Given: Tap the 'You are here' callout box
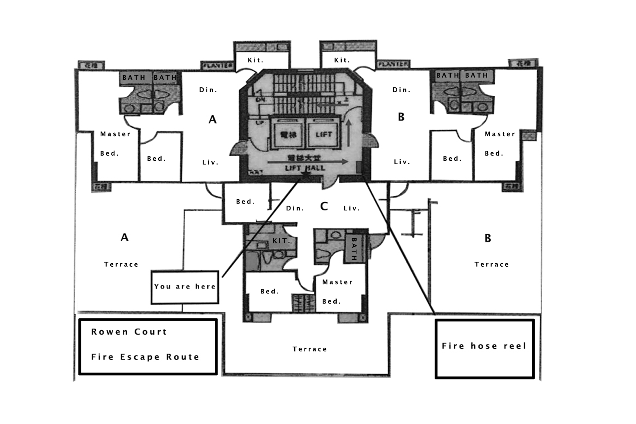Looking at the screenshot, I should point(185,287).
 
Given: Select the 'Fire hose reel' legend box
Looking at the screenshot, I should point(484,349).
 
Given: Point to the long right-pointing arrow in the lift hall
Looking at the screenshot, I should point(307,162).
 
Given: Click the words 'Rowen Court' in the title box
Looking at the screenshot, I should point(129,332).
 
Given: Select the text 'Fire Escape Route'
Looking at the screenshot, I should point(145,357).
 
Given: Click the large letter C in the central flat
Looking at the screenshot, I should point(324,206).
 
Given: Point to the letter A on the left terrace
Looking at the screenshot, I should point(124,237).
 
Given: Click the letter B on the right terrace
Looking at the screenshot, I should point(488,238).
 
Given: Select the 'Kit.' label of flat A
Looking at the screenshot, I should point(255,60).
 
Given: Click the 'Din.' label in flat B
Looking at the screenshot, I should point(401,90).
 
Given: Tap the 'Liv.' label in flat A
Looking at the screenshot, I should point(210,162).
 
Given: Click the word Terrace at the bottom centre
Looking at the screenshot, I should point(310,349).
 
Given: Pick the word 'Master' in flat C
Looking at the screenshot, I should point(337,282).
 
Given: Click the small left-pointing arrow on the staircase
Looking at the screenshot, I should point(326,103).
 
